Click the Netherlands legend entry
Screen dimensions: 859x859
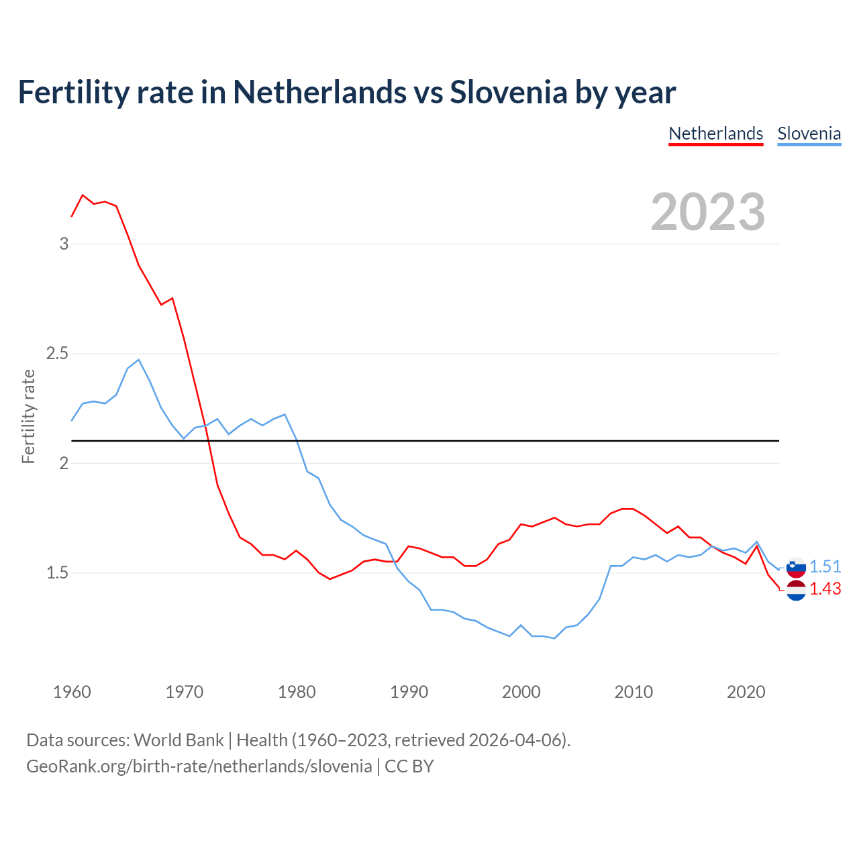click(716, 134)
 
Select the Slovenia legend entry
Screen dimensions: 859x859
click(809, 134)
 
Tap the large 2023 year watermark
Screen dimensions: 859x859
click(708, 212)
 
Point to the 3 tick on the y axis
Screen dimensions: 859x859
click(64, 244)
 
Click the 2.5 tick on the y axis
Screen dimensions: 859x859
click(58, 353)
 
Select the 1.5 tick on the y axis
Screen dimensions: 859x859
click(58, 573)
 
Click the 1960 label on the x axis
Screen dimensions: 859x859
click(72, 692)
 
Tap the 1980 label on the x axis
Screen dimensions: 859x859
click(297, 692)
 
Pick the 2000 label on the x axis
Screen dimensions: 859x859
click(521, 692)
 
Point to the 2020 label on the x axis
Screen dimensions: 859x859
click(746, 692)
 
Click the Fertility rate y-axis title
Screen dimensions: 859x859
click(28, 416)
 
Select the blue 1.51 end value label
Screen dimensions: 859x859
click(825, 567)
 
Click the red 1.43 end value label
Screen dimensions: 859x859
click(825, 589)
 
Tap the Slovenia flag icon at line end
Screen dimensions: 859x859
click(796, 568)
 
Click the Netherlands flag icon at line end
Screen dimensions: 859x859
click(796, 591)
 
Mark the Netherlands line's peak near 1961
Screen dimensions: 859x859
click(83, 195)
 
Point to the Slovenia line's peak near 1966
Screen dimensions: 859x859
click(139, 360)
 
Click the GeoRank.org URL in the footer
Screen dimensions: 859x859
click(199, 766)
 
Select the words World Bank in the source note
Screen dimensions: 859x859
click(179, 740)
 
